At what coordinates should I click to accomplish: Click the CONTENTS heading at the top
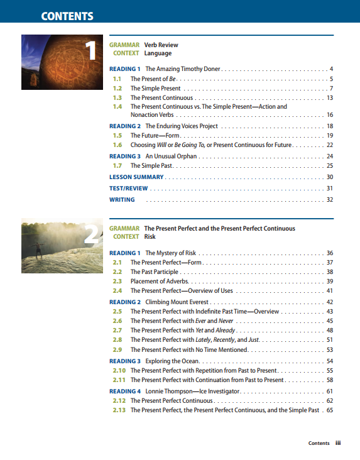tap(67, 16)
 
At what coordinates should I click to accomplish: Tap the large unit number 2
tap(92, 234)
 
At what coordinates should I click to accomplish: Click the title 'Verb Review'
tap(161, 45)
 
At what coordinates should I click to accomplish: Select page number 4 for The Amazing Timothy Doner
tap(330, 68)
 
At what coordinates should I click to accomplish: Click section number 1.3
tap(117, 98)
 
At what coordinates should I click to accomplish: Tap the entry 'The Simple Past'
tap(151, 166)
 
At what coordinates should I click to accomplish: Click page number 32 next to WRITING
tap(329, 200)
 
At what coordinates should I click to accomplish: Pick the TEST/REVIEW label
tap(128, 189)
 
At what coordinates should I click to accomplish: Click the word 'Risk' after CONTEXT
tap(150, 237)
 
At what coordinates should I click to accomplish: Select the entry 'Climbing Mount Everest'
tap(177, 302)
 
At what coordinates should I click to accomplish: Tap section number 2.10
tap(118, 371)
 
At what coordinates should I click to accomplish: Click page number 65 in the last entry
tap(329, 410)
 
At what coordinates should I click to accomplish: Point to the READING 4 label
tap(124, 392)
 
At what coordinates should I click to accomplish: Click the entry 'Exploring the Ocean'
tap(172, 361)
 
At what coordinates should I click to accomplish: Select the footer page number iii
tap(338, 443)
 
